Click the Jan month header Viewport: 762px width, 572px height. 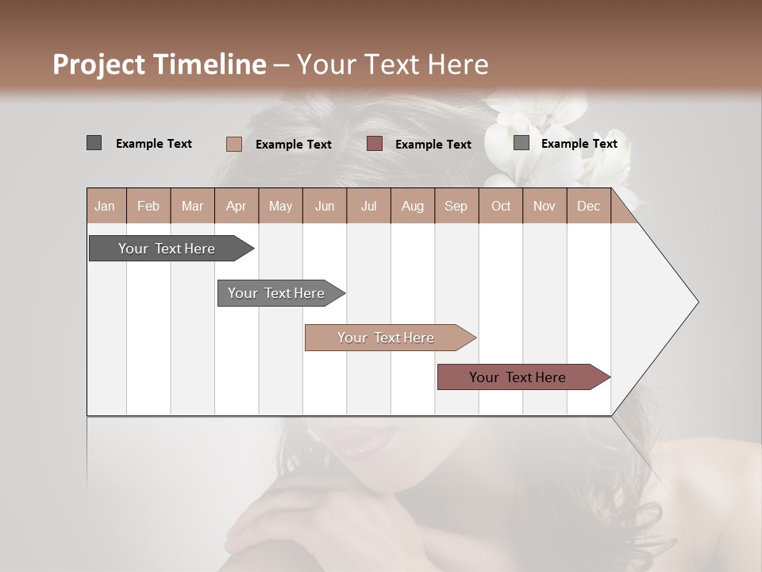pyautogui.click(x=105, y=207)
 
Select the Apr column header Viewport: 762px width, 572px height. pyautogui.click(x=236, y=207)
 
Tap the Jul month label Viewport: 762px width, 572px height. pyautogui.click(x=368, y=207)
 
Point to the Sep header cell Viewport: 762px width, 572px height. pyautogui.click(x=456, y=207)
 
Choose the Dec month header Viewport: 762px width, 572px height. pyautogui.click(x=588, y=207)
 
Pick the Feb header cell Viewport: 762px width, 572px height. pyautogui.click(x=148, y=207)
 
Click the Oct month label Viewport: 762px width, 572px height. pyautogui.click(x=501, y=207)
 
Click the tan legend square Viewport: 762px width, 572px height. pyautogui.click(x=233, y=144)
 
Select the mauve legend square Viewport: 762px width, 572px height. pyautogui.click(x=375, y=144)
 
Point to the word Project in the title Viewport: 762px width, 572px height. pyautogui.click(x=99, y=64)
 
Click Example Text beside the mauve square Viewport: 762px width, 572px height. pyautogui.click(x=433, y=145)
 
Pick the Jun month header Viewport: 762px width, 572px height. pyautogui.click(x=325, y=207)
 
